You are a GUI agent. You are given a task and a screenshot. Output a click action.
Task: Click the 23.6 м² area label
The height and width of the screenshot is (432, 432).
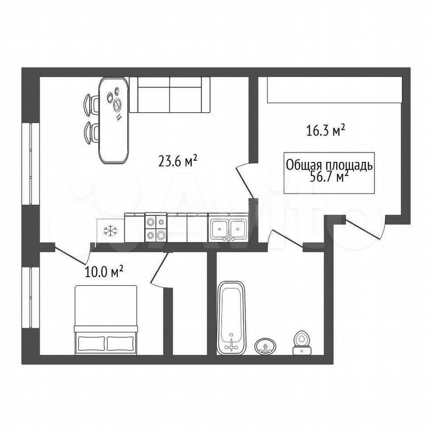point(178,161)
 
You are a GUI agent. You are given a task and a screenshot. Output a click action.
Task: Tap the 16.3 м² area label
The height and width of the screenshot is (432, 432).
point(326,130)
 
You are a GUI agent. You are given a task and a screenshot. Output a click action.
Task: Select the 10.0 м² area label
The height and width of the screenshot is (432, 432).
point(103,272)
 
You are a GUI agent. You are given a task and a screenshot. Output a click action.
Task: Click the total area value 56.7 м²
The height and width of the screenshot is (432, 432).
point(329,176)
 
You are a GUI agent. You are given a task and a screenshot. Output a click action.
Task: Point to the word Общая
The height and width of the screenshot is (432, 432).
point(304,166)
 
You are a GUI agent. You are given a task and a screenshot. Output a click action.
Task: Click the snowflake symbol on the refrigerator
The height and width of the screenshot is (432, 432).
point(110,230)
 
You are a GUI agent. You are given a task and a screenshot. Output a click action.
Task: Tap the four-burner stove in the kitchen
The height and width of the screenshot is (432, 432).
point(156,228)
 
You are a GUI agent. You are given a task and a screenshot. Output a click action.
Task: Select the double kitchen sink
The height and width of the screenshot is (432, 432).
point(228,229)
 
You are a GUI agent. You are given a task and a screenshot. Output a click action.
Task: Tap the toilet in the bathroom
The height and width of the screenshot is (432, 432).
point(302,342)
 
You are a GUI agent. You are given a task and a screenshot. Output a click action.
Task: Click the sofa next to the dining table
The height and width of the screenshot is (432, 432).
point(170,94)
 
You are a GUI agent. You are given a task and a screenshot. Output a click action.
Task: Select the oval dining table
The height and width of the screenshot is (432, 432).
point(114,120)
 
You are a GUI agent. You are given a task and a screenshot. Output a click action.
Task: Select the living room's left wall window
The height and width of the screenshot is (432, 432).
point(31,164)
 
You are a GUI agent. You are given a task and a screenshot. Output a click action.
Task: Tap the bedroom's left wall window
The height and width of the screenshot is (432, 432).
point(31,298)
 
